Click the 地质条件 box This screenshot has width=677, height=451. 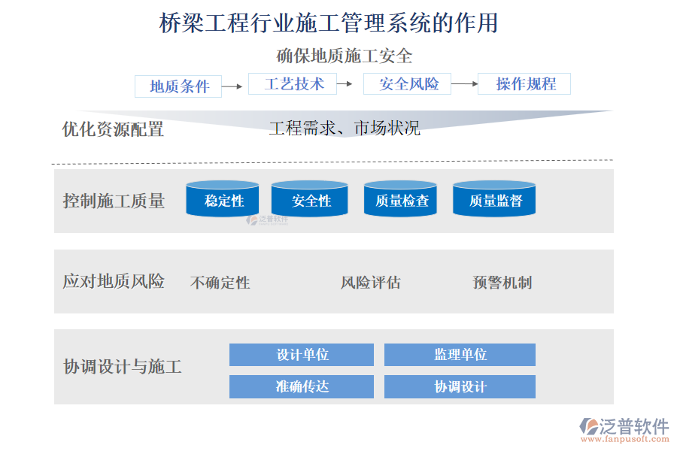tap(178, 86)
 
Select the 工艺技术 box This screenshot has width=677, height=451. tap(293, 83)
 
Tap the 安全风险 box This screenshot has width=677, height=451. tap(407, 83)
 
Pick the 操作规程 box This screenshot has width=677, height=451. tap(524, 83)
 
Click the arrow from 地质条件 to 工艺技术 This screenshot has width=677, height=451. tap(232, 86)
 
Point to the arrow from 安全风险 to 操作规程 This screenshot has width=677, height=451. tap(465, 83)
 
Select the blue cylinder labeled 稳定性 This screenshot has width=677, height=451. tap(223, 199)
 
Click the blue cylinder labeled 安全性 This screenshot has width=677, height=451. tap(310, 199)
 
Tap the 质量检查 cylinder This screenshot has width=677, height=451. tap(400, 199)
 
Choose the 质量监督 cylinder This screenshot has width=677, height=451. tap(494, 199)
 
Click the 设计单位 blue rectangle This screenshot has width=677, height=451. tap(302, 355)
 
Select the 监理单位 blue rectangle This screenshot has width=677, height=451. tap(460, 355)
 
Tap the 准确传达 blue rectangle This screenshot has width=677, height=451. tap(302, 386)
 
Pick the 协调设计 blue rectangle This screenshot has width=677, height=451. tap(460, 386)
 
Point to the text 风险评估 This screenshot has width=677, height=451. tap(370, 283)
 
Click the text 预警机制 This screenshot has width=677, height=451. tap(502, 283)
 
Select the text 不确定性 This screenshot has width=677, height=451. tap(220, 283)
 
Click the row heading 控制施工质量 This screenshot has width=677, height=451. tap(114, 201)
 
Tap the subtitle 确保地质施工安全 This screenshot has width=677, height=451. tap(345, 56)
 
